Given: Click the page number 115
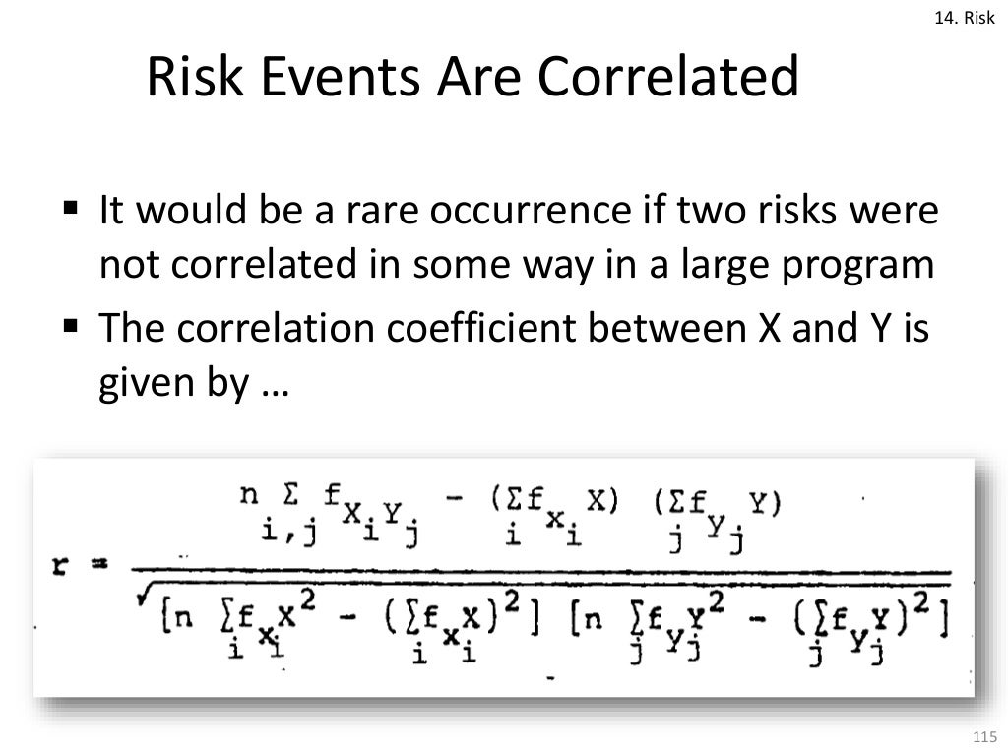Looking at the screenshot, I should [x=983, y=737].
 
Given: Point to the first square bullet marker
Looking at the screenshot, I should [x=70, y=210].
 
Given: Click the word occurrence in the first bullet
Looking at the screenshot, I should [x=488, y=212].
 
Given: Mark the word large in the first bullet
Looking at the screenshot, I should [x=722, y=268].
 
